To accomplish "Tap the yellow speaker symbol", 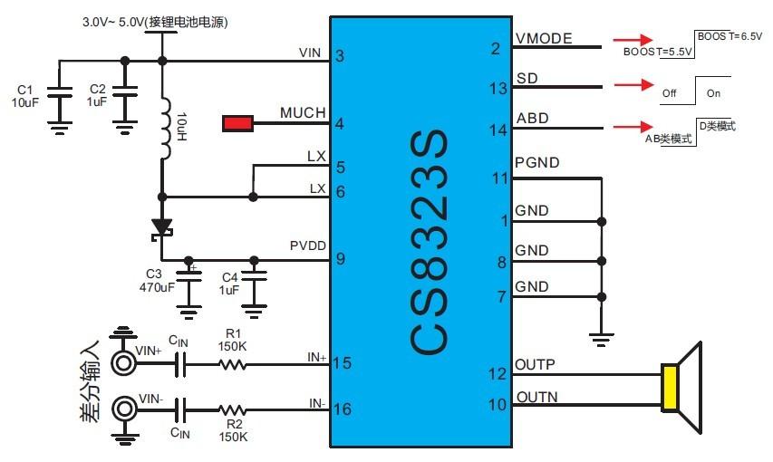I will click(x=672, y=387).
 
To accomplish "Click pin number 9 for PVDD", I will click(x=340, y=259).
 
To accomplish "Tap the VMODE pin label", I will click(x=545, y=39).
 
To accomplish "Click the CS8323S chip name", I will click(x=427, y=244).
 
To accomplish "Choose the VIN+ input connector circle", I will click(x=123, y=363).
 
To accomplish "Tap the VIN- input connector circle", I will click(x=123, y=409).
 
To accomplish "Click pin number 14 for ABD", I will click(x=498, y=130).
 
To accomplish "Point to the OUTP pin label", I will click(x=535, y=365).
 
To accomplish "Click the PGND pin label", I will click(x=536, y=164).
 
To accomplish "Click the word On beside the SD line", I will click(x=713, y=93).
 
